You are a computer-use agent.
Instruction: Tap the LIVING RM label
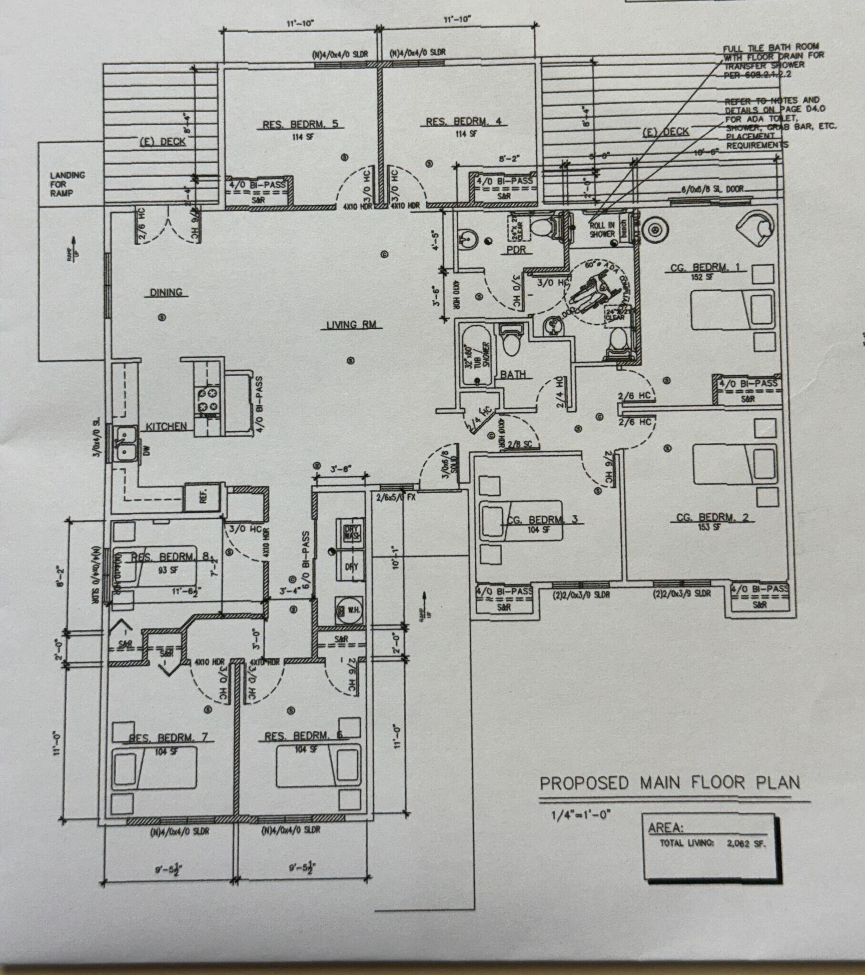352,325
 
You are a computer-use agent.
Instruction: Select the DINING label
166,292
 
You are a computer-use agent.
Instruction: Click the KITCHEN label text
166,427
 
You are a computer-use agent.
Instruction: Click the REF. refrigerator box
202,497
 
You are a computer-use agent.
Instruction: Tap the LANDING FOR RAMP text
67,184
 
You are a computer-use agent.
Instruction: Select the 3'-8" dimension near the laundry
341,469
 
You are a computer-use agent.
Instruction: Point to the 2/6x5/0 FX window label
396,497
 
